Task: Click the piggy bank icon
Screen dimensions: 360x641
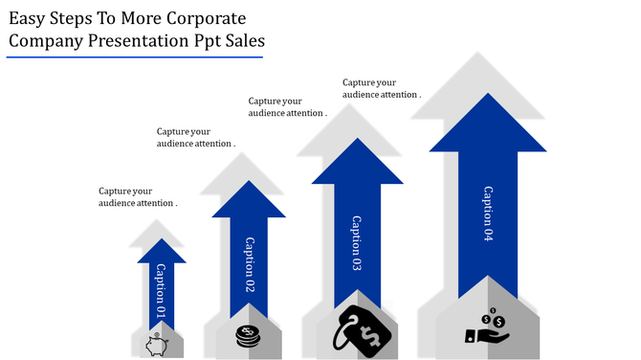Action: pos(157,343)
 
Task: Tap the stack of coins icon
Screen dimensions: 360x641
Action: pos(248,336)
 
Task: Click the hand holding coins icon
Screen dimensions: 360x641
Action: pos(487,326)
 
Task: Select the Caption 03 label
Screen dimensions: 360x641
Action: pos(356,244)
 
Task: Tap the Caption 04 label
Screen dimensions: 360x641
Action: pos(487,213)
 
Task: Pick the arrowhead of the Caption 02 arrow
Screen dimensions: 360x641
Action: pos(249,200)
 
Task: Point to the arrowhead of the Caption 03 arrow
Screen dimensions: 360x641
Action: pos(357,163)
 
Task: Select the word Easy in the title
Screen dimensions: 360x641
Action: pos(31,18)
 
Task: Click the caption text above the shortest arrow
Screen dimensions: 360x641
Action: pos(138,197)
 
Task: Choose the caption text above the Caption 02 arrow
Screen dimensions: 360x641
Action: pos(196,137)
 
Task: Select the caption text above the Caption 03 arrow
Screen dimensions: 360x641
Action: pos(288,106)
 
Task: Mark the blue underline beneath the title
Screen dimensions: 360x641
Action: pos(134,56)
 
